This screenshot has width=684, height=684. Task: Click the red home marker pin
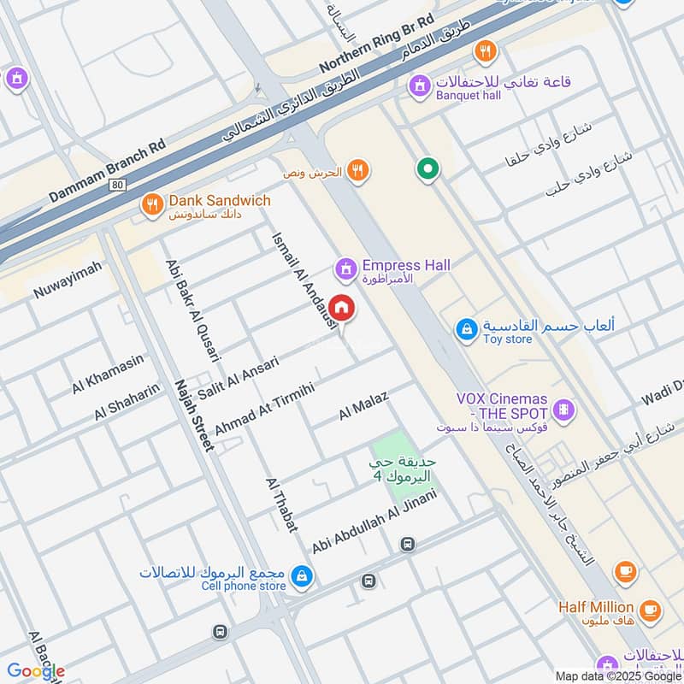coord(341,307)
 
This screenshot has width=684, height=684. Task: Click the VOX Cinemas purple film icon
coord(563,410)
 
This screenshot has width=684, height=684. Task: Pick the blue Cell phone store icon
coord(301,577)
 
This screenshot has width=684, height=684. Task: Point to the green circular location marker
coord(427,168)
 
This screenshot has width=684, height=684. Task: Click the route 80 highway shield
coord(117,184)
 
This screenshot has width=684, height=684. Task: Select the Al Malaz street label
coord(363,405)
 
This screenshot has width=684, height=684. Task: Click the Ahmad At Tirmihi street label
coord(265,409)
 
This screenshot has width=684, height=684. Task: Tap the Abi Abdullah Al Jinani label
coord(374,521)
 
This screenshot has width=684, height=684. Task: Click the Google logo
coord(36,671)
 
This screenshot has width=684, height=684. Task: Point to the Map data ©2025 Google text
coord(617,675)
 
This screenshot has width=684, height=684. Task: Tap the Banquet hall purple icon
coord(419,85)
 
